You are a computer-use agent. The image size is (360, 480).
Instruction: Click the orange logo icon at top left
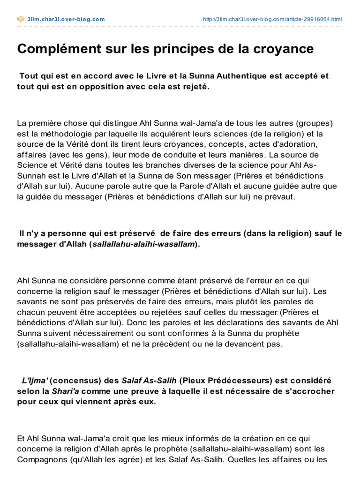click(x=20, y=19)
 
